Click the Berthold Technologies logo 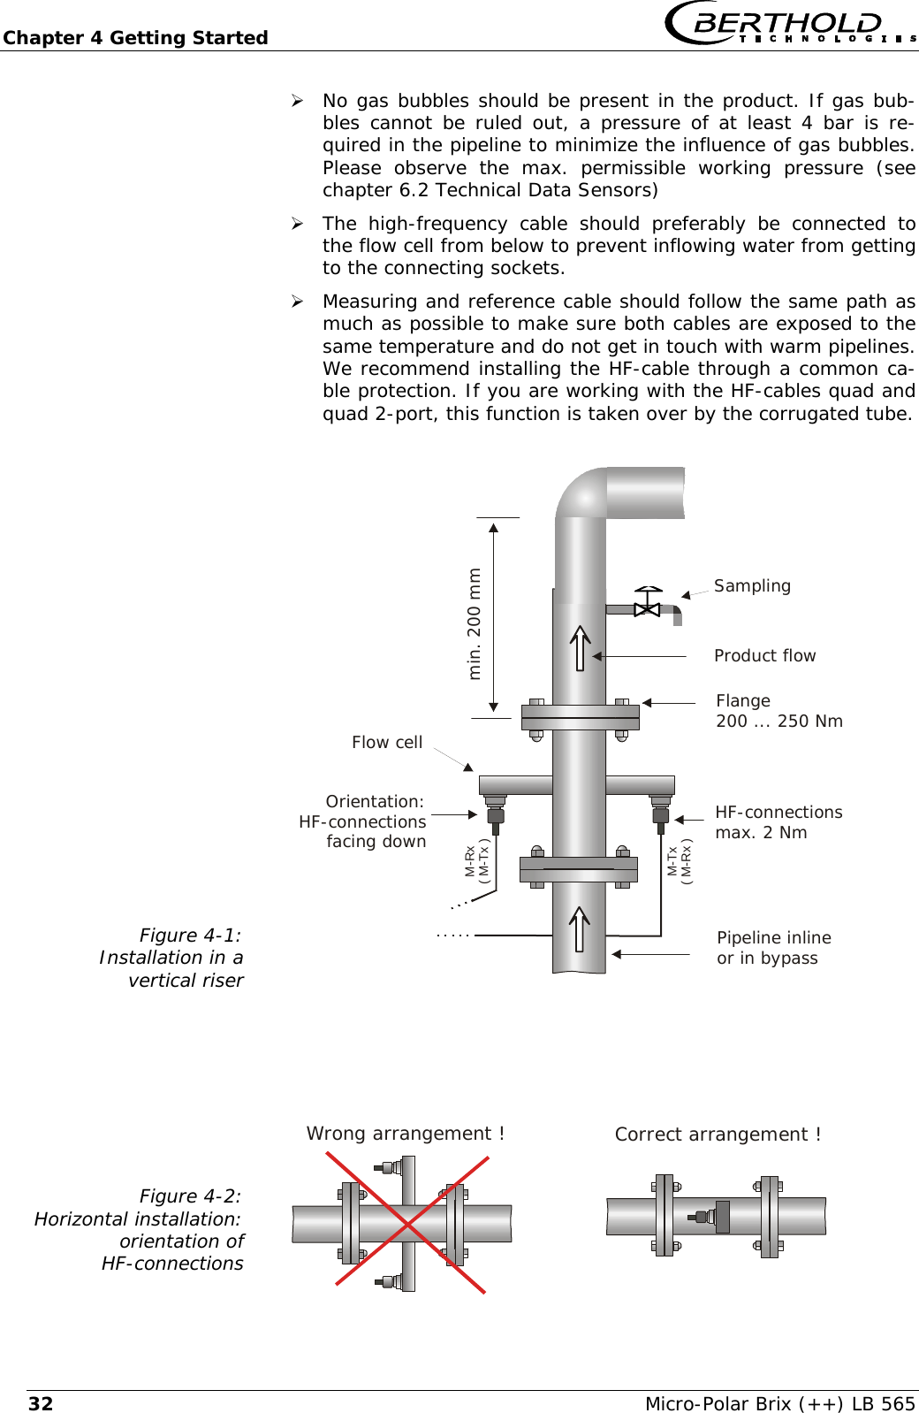click(x=789, y=23)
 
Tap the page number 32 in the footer click(x=41, y=1403)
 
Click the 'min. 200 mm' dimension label click(x=475, y=623)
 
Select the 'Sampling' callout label click(x=752, y=586)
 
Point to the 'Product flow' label click(x=764, y=656)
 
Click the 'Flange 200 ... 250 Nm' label click(x=778, y=711)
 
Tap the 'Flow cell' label click(x=387, y=743)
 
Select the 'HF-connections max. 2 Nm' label click(x=778, y=822)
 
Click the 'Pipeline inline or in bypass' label click(x=773, y=948)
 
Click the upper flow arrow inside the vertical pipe click(x=580, y=647)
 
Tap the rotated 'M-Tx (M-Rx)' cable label click(x=680, y=861)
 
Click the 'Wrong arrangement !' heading click(x=406, y=1134)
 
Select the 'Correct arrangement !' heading click(x=718, y=1134)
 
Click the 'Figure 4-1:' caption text click(x=190, y=936)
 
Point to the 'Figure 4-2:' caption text click(x=190, y=1196)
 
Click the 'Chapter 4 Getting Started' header click(x=135, y=38)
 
